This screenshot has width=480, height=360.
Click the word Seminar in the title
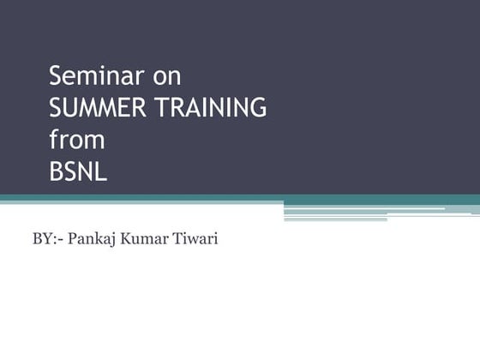94,76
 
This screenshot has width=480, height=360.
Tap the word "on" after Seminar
167,77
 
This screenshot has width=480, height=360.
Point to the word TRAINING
209,108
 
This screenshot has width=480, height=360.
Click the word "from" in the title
76,139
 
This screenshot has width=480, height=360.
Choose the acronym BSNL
78,171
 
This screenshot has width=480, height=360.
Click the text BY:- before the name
46,238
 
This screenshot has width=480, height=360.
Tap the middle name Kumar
147,238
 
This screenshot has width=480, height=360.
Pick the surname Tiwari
196,238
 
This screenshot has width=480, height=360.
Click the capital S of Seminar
57,76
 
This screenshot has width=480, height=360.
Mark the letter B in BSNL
56,171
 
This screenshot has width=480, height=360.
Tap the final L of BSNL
101,171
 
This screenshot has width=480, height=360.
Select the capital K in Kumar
127,238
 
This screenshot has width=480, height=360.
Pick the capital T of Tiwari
178,238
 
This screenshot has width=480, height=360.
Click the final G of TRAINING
257,108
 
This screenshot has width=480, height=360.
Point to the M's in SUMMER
99,108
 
